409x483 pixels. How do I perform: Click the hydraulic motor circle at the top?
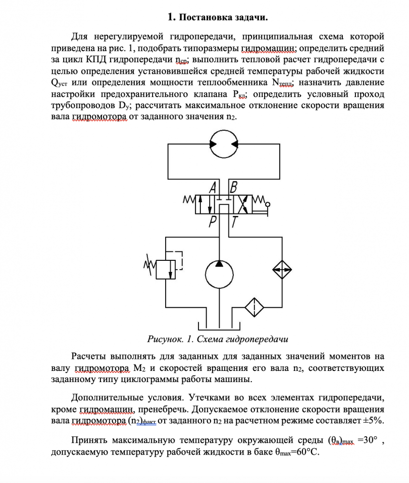pos(224,142)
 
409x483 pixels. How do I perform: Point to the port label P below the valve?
pos(213,223)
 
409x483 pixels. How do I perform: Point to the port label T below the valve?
pos(235,223)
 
